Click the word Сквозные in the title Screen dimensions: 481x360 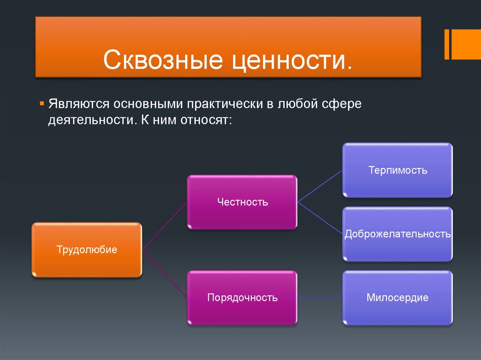coord(163,60)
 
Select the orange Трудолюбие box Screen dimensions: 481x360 coord(87,250)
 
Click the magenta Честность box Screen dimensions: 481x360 coord(242,202)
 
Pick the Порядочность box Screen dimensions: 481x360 coord(242,298)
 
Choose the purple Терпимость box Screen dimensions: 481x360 coord(397,170)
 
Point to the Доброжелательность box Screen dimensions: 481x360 coord(397,234)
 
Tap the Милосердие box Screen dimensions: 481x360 coord(397,298)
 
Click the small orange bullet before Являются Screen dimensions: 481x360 coord(42,104)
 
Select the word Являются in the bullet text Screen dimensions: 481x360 coord(79,104)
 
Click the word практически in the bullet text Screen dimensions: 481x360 coord(225,104)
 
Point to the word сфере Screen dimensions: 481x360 coord(341,104)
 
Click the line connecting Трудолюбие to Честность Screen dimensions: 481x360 coord(164,226)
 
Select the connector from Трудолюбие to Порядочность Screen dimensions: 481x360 coord(164,274)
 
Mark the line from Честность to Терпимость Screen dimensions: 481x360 coord(320,186)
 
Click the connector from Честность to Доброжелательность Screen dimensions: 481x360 coord(320,218)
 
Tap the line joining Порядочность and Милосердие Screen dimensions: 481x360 coord(320,298)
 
